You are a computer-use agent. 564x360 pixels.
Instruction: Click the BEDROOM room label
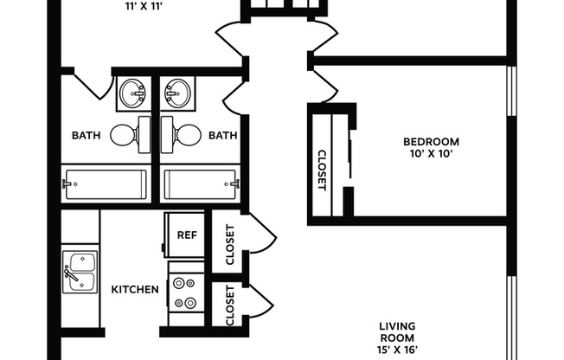pos(431,141)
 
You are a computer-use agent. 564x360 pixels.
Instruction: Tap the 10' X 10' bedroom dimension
pos(431,155)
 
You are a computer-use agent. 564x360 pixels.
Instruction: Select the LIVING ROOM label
pos(397,331)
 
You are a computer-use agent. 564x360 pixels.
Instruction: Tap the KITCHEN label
pos(134,289)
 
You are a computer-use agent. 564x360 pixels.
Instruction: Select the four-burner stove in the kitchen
pos(185,292)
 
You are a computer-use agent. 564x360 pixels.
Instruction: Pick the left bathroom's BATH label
pos(86,135)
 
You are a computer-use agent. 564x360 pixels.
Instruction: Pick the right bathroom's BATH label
pos(222,135)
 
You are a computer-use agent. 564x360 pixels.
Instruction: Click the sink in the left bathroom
pos(132,92)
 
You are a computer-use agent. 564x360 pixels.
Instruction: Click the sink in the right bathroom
pos(178,92)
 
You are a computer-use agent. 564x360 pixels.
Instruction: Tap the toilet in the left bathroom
pos(125,134)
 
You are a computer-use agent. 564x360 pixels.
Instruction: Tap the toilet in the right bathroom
pos(183,134)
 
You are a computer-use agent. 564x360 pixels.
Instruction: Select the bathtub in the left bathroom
pos(106,183)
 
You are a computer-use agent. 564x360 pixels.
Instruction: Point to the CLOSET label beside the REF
pos(229,246)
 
